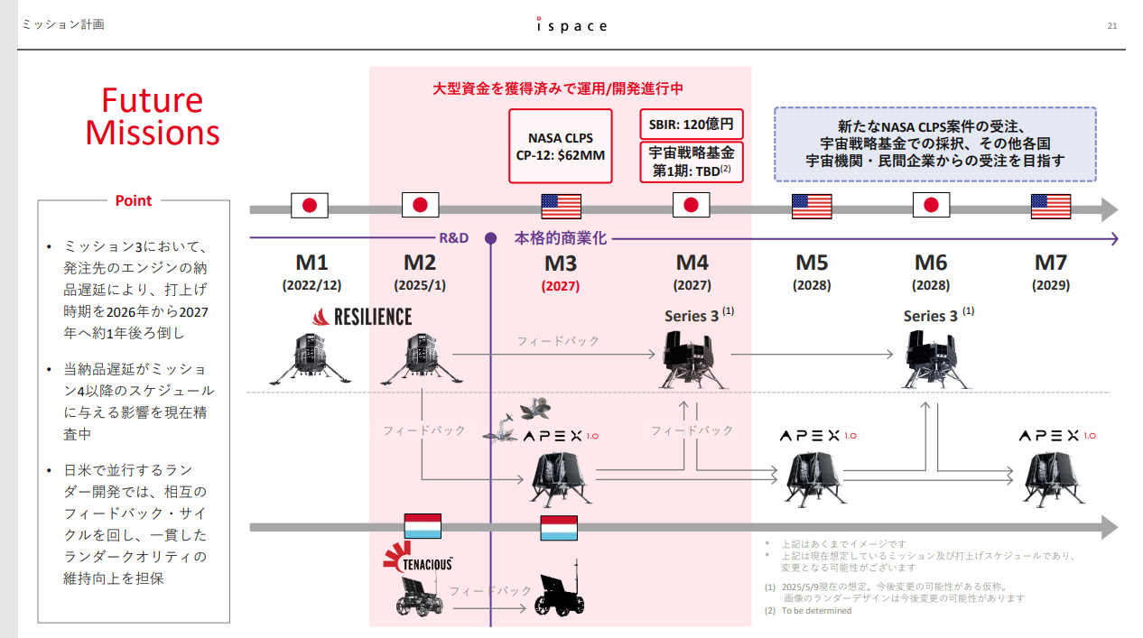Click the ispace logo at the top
coord(571,25)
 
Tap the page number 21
coord(1111,25)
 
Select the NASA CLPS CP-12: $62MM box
coord(561,146)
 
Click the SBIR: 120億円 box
coord(692,124)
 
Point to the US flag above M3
coord(561,207)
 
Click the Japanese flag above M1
coord(310,206)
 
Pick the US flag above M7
coord(1051,207)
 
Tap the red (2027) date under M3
coord(561,286)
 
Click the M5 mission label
coord(811,263)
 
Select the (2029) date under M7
coord(1051,285)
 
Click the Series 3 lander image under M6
coord(931,358)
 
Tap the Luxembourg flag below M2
coord(422,527)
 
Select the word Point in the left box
coord(134,200)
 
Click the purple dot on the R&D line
coord(490,238)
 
